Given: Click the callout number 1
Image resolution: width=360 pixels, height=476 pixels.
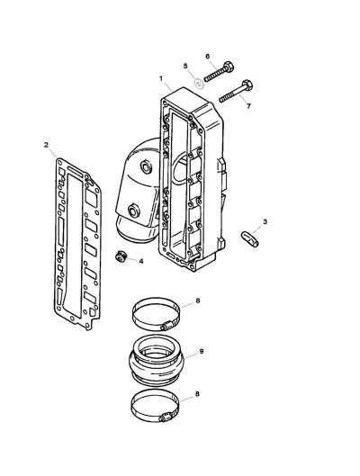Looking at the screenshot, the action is click(161, 78).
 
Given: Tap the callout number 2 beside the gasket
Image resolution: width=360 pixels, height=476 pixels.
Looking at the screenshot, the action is click(46, 145).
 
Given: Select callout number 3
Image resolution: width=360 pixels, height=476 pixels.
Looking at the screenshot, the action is click(265, 221).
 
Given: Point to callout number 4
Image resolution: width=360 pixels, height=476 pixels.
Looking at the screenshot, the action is click(140, 261).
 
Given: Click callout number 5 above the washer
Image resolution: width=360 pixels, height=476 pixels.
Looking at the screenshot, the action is click(185, 66).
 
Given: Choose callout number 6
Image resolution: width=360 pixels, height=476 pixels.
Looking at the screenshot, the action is click(208, 56).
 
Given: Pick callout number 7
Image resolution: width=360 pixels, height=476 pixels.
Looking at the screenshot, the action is click(248, 106).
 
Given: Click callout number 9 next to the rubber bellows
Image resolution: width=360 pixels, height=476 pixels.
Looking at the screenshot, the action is click(202, 351).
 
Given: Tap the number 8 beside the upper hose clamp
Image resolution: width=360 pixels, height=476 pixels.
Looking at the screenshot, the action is click(198, 301).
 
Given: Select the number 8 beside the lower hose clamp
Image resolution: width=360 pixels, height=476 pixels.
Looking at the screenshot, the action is click(197, 394).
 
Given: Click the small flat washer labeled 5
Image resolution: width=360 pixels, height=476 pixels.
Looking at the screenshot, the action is click(199, 83).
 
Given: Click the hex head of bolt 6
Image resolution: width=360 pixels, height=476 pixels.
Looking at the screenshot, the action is click(229, 67).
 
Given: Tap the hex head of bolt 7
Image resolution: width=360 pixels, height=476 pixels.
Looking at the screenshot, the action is click(247, 85).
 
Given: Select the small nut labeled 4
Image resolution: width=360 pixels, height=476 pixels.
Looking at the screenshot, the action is click(121, 257).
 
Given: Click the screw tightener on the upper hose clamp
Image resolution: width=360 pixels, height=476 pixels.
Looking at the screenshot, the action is click(166, 327).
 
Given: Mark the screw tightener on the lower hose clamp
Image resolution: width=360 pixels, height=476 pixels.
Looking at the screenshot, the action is click(166, 418).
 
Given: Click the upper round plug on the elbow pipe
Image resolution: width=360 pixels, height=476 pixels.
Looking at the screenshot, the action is click(146, 166).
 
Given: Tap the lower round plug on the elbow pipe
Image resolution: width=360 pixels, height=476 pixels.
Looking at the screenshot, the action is click(133, 211).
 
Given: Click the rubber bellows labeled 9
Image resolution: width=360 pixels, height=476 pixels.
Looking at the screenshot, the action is click(156, 360).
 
